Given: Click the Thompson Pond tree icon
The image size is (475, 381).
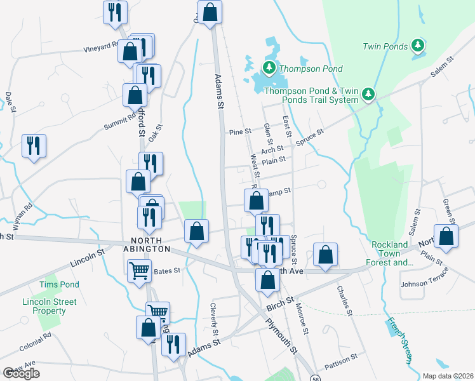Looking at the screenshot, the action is tap(269, 67).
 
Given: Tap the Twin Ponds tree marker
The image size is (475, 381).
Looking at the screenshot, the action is tap(417, 45).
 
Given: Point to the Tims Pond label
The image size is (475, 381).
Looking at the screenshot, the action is tap(60, 284).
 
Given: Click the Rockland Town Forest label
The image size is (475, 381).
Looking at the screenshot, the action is tap(390, 253).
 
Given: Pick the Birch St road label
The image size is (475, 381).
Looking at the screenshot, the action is tap(279, 304).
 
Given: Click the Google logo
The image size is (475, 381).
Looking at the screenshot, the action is tap(21, 373).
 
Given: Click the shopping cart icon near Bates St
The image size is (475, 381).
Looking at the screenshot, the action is tap(139, 271).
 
